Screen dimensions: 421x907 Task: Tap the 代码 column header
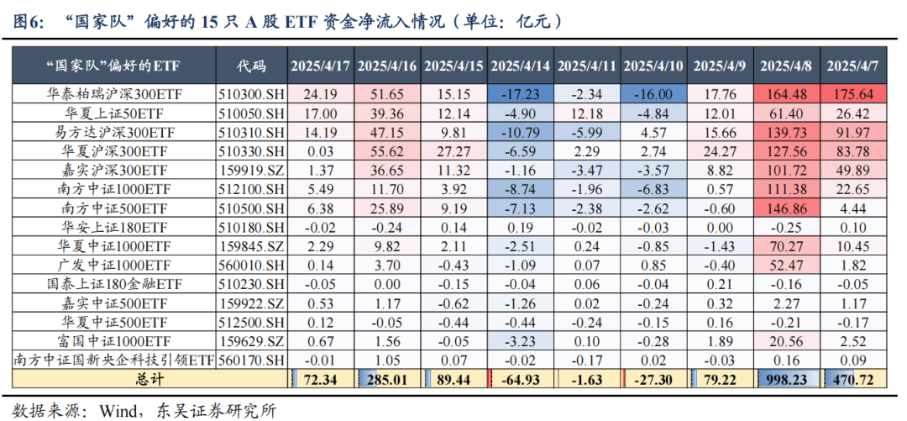click(x=251, y=66)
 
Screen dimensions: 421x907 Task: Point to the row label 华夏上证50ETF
click(x=115, y=113)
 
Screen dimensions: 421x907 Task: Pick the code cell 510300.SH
click(x=251, y=93)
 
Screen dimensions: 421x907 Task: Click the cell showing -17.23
click(x=520, y=93)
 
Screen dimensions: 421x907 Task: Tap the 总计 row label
click(x=115, y=378)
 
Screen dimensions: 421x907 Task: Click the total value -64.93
click(x=520, y=378)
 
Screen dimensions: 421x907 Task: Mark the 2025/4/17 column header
click(x=319, y=66)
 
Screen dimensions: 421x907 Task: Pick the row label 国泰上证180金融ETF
click(x=115, y=284)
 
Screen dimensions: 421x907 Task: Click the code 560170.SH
click(x=251, y=360)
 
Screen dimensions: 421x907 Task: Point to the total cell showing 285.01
click(x=386, y=378)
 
